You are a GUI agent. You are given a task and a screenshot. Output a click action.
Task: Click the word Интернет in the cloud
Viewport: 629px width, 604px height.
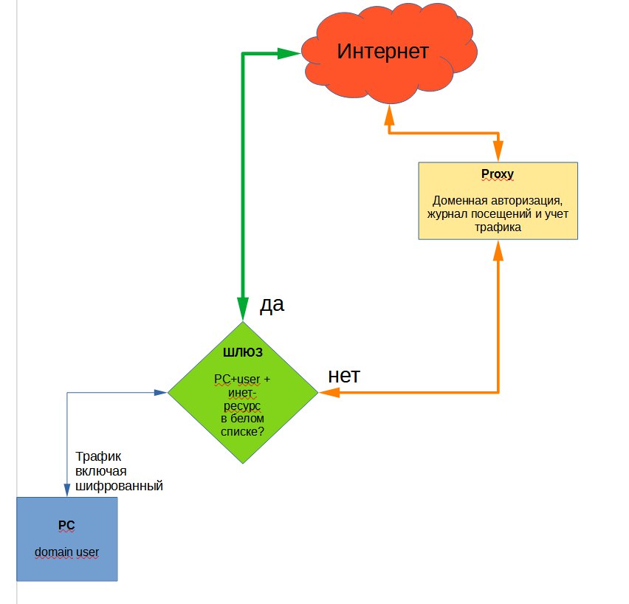tap(382, 52)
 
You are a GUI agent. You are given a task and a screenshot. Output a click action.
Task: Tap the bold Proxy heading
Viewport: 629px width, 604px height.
tap(498, 174)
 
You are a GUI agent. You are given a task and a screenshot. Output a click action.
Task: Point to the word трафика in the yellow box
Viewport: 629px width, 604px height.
tap(498, 227)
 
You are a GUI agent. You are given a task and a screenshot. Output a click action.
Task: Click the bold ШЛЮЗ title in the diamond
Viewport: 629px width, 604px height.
tap(243, 352)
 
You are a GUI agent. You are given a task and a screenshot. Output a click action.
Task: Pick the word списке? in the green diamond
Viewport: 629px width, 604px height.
tap(243, 432)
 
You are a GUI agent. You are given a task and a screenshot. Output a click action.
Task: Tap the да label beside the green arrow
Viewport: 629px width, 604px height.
tap(272, 305)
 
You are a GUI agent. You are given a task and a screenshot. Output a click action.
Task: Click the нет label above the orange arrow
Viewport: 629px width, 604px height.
tap(344, 376)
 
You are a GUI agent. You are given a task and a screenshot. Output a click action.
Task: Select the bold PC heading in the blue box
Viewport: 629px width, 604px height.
tap(66, 525)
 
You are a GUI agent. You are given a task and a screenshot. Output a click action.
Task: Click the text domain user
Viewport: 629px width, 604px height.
tap(66, 552)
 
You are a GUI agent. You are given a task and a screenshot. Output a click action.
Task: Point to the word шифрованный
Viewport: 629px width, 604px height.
tap(119, 486)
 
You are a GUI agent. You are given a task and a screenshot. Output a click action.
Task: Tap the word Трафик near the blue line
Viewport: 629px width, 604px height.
tap(98, 457)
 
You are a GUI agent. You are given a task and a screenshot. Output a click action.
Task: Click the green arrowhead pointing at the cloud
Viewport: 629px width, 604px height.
tap(289, 53)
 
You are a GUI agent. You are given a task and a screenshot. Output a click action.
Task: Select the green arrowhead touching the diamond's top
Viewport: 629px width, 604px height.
tap(243, 309)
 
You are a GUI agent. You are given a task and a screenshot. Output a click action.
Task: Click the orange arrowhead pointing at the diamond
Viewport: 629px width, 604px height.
tap(329, 392)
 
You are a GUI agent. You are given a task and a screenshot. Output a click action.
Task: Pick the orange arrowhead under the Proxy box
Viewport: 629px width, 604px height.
tap(498, 250)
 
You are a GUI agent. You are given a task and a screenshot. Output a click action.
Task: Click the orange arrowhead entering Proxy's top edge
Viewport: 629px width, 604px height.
tap(498, 151)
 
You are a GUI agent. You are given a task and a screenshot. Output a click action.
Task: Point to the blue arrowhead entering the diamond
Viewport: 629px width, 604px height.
tap(160, 393)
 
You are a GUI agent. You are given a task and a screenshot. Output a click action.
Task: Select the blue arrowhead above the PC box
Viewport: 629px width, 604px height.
tap(67, 490)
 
